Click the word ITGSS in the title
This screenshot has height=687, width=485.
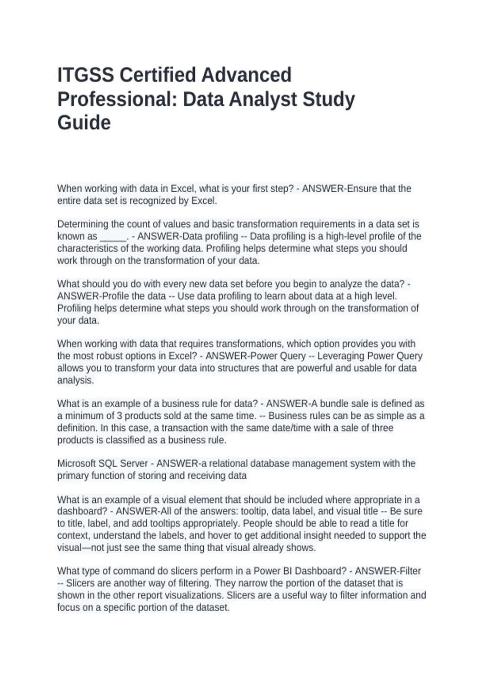coord(85,75)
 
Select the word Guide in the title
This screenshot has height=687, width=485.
coord(84,123)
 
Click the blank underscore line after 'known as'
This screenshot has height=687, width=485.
coord(113,236)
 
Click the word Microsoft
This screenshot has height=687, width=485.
coord(76,463)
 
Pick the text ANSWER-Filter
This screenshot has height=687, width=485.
coord(388,571)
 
